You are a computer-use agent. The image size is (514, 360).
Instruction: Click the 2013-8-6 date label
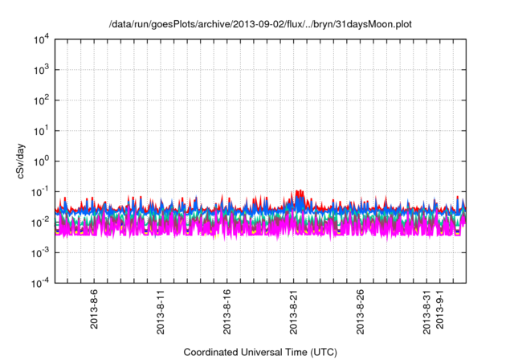pyautogui.click(x=95, y=309)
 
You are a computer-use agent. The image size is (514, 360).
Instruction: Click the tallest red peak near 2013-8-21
pyautogui.click(x=300, y=190)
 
